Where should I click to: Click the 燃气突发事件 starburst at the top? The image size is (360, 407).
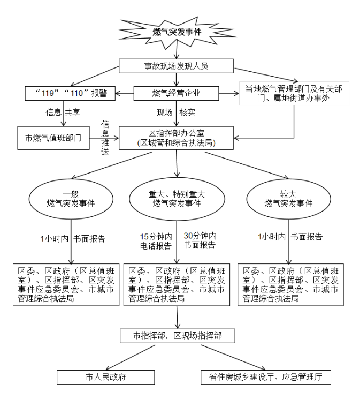click(x=177, y=31)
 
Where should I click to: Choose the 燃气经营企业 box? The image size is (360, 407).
click(x=177, y=93)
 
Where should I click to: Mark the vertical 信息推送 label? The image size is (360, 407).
click(x=105, y=138)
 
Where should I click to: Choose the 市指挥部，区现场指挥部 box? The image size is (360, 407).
click(x=177, y=336)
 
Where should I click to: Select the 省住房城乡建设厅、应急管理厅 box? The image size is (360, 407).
click(x=266, y=376)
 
